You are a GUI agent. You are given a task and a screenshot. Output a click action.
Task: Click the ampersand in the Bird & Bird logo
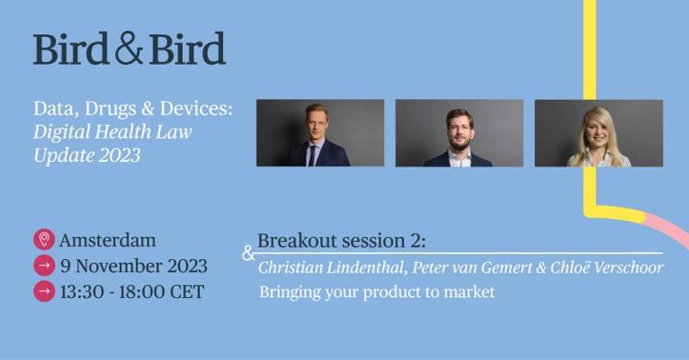129,49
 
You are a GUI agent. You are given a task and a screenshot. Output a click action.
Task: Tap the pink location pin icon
44,239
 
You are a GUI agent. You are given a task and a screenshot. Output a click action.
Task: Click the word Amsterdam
108,240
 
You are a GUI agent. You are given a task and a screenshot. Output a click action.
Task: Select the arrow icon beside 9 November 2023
44,265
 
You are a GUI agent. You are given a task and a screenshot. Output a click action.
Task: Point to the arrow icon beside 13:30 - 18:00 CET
44,292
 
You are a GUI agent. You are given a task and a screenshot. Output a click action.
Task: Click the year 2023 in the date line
187,265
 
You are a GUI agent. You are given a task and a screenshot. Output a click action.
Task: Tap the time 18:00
147,292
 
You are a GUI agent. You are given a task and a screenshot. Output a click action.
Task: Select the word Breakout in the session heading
298,241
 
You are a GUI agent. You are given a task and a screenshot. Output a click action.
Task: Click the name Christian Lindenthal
332,267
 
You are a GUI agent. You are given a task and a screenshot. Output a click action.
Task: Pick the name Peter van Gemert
472,267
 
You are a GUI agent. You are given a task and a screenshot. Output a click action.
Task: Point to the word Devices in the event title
196,109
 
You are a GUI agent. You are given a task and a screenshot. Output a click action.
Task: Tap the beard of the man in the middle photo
460,144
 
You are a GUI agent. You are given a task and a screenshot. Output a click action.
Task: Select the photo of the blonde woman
599,133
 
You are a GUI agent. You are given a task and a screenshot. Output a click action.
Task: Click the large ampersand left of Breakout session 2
248,253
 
